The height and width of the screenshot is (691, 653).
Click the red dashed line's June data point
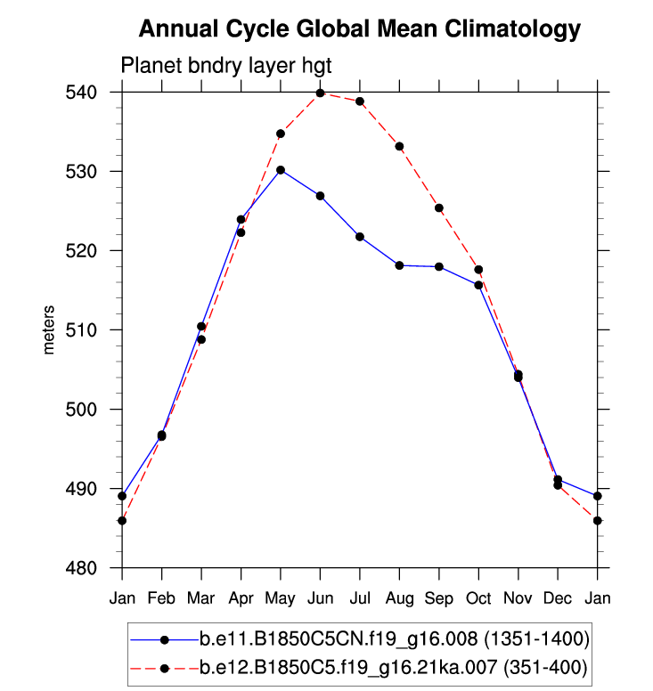point(320,93)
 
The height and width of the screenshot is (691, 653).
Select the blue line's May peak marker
point(281,170)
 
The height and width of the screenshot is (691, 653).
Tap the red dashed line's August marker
point(399,146)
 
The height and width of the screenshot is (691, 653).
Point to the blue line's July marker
point(360,237)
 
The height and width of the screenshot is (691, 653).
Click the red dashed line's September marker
point(439,208)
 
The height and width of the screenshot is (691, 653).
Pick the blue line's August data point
point(399,265)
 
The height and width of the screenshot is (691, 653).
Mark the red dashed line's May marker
point(281,134)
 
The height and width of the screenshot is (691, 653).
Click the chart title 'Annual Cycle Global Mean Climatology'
point(360,29)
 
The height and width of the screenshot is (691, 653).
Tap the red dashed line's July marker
point(360,102)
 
